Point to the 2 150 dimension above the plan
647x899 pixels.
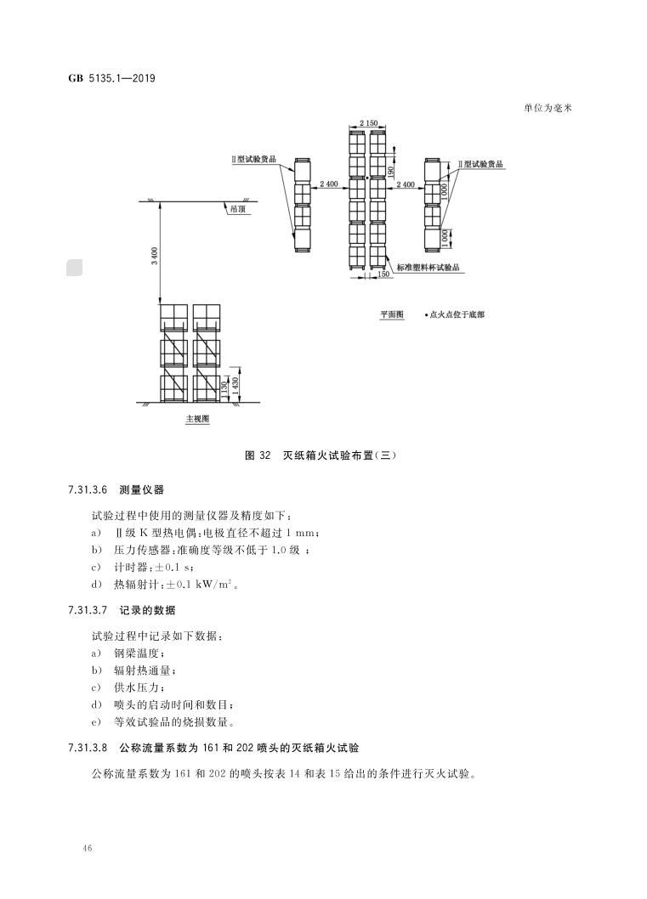pyautogui.click(x=368, y=124)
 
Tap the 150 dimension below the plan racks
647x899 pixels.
pyautogui.click(x=383, y=274)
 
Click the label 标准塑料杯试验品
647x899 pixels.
pyautogui.click(x=428, y=266)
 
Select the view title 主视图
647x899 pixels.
pyautogui.click(x=197, y=419)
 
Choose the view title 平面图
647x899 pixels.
pyautogui.click(x=392, y=314)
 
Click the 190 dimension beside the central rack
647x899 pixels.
pyautogui.click(x=391, y=170)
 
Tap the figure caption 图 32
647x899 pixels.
pyautogui.click(x=257, y=455)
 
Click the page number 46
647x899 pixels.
pyautogui.click(x=88, y=849)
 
